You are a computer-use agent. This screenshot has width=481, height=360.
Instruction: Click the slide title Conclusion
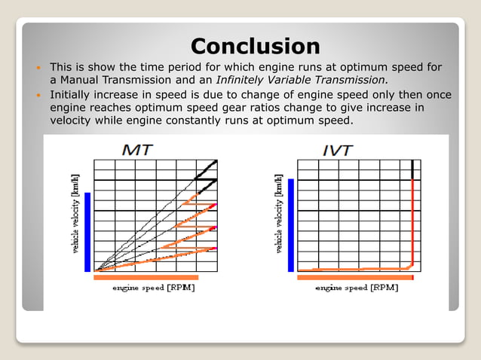[x=255, y=46]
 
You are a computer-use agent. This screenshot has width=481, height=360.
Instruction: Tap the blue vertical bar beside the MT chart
[x=87, y=231]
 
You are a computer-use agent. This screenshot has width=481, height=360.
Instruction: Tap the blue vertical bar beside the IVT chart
[x=291, y=225]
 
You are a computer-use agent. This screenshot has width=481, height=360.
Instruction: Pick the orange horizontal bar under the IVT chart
[x=355, y=278]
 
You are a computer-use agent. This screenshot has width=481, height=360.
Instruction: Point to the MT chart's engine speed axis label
[x=155, y=288]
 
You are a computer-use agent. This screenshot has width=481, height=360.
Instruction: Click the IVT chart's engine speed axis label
[x=357, y=288]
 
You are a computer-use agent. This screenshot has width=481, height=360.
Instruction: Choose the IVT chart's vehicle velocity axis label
[x=280, y=215]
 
